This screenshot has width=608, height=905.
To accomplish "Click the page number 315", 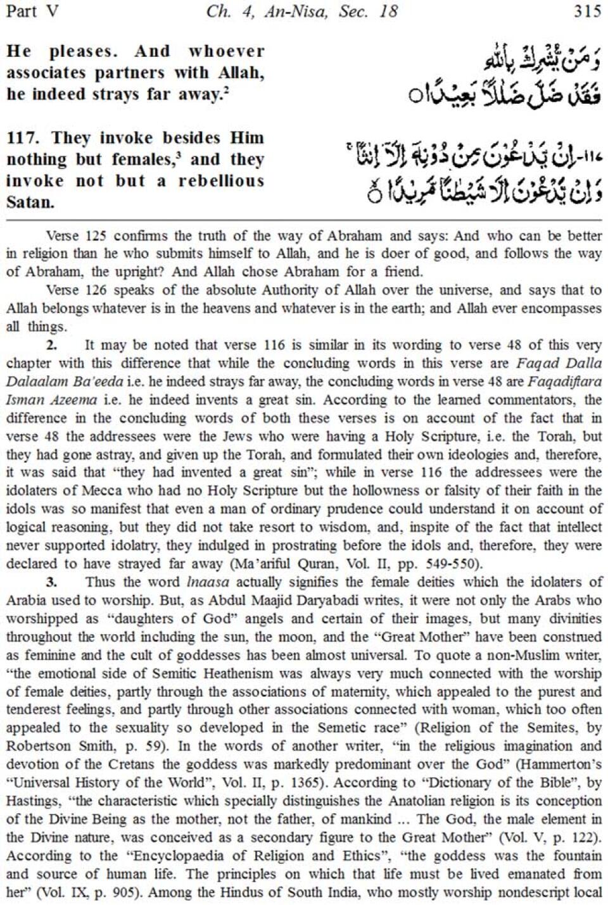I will click(586, 11).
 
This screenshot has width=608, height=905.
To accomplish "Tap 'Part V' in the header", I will click(32, 11).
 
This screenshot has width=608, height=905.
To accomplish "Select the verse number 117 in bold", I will click(25, 138).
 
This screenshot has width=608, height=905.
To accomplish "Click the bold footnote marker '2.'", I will click(51, 346).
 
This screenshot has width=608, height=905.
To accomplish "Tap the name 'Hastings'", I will click(31, 801).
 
